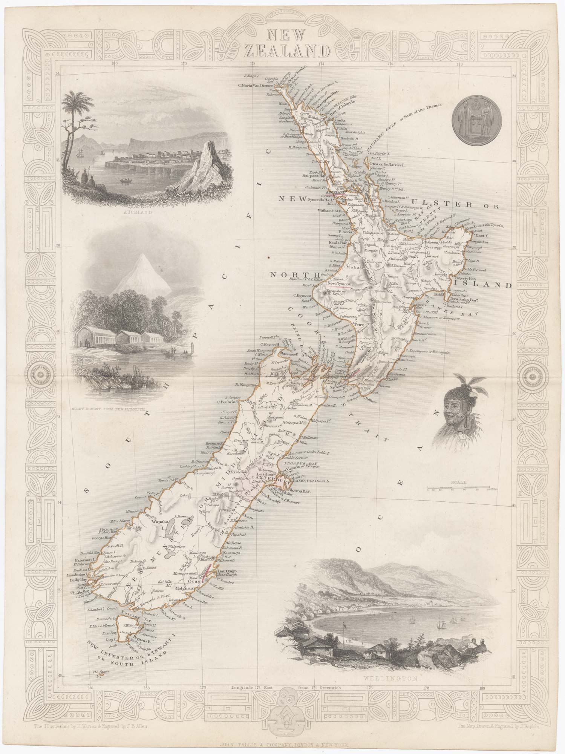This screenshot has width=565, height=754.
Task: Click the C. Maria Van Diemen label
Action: (258, 85)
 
